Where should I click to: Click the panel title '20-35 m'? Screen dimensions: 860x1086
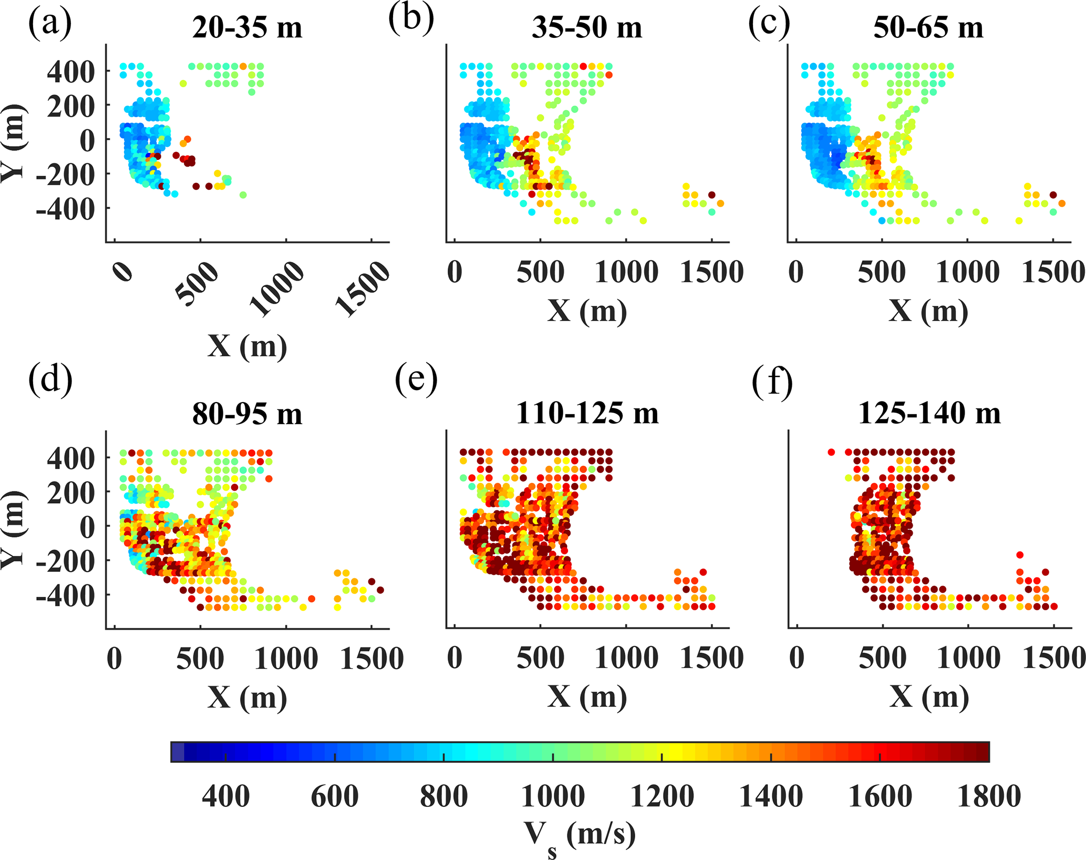pyautogui.click(x=247, y=27)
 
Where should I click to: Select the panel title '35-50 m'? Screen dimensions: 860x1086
pyautogui.click(x=587, y=27)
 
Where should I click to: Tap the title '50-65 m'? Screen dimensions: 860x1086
pyautogui.click(x=928, y=27)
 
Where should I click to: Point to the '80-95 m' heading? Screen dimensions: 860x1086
pyautogui.click(x=247, y=414)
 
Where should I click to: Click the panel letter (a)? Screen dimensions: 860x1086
pyautogui.click(x=50, y=24)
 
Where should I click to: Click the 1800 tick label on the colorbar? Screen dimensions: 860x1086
pyautogui.click(x=989, y=796)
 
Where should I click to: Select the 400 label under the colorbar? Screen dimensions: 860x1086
pyautogui.click(x=225, y=796)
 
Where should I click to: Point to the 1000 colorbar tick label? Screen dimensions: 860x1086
pyautogui.click(x=553, y=796)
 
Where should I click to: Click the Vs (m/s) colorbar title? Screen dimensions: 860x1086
pyautogui.click(x=579, y=835)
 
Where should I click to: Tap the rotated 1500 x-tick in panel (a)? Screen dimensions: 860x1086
pyautogui.click(x=363, y=289)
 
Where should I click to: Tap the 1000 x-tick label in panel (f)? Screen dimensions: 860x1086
pyautogui.click(x=968, y=658)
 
